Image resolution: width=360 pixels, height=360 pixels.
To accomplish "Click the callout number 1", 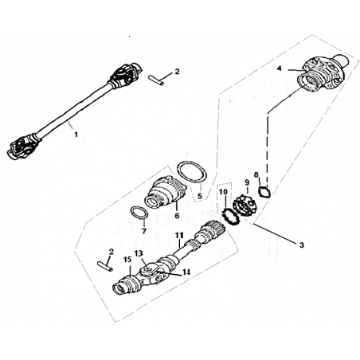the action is pyautogui.click(x=76, y=135).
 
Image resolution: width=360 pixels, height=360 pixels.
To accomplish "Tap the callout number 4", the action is pyautogui.click(x=279, y=68).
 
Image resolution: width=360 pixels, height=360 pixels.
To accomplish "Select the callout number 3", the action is pyautogui.click(x=302, y=245).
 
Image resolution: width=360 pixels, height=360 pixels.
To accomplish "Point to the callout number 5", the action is pyautogui.click(x=200, y=196).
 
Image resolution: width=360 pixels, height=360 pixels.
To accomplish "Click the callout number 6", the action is pyautogui.click(x=177, y=215).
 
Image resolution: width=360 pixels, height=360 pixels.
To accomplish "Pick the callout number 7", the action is pyautogui.click(x=144, y=231).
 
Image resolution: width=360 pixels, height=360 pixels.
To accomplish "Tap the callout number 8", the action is pyautogui.click(x=256, y=174).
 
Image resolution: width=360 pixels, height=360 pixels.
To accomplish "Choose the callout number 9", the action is pyautogui.click(x=247, y=182).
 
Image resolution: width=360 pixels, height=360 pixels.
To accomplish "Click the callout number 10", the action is pyautogui.click(x=224, y=191).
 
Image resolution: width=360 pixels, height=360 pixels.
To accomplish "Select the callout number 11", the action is pyautogui.click(x=179, y=235).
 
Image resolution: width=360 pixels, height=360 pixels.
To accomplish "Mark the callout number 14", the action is pyautogui.click(x=186, y=272).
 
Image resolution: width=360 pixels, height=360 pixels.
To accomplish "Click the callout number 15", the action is pyautogui.click(x=127, y=259).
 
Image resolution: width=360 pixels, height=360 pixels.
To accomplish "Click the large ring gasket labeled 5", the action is pyautogui.click(x=192, y=172).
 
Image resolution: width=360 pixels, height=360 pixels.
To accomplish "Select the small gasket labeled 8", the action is pyautogui.click(x=264, y=192).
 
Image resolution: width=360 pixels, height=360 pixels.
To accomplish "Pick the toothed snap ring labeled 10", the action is pyautogui.click(x=230, y=217).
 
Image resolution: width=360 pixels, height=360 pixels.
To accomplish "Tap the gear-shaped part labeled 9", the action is pyautogui.click(x=245, y=206).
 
